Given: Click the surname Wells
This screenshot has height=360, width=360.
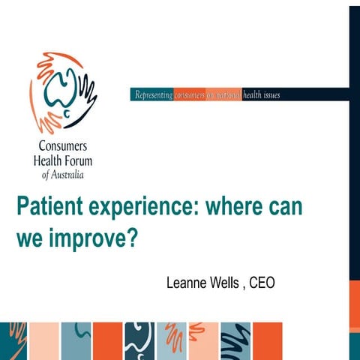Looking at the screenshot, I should click(x=226, y=283).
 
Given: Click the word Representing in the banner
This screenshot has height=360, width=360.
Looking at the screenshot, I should click(x=152, y=95).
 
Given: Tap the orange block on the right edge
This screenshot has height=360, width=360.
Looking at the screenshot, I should click(x=354, y=306).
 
